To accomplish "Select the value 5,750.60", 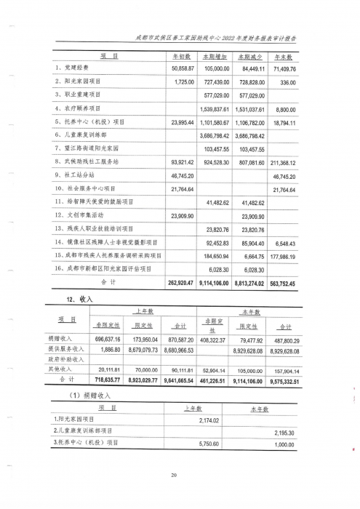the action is click(209, 444).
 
